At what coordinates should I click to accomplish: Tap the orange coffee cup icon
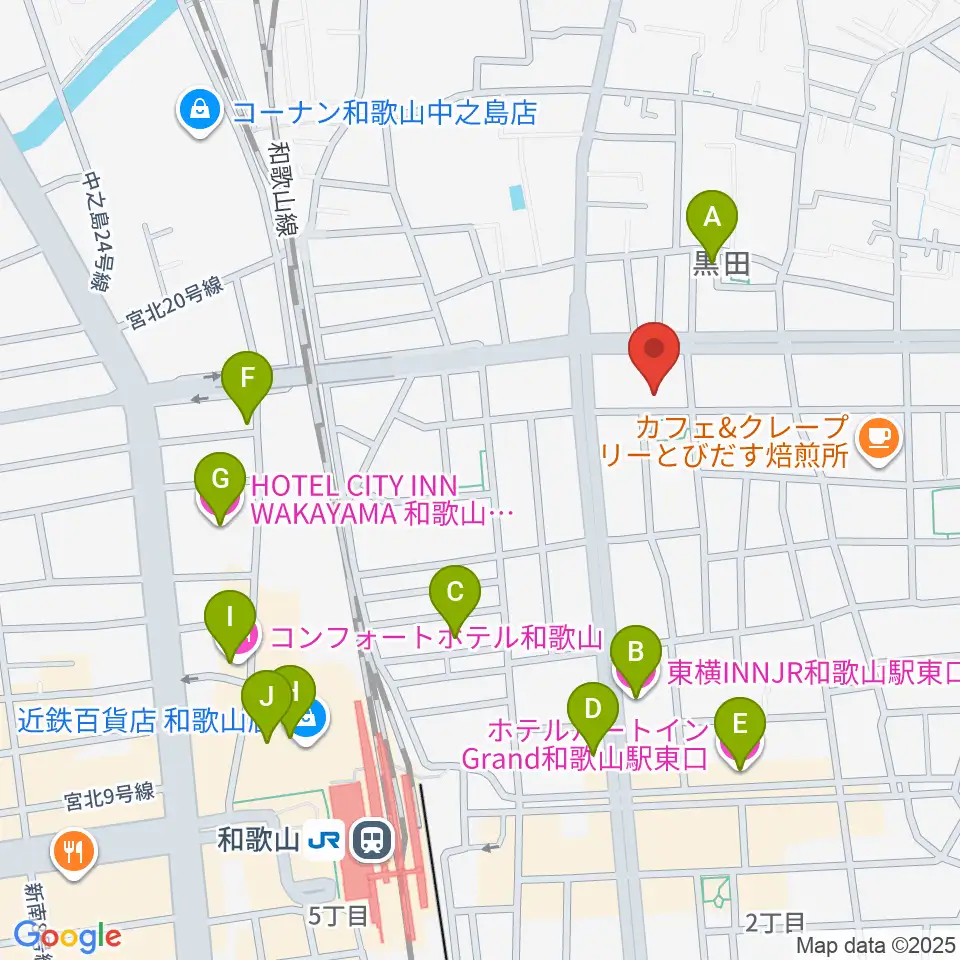pyautogui.click(x=879, y=436)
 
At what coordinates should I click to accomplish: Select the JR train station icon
pyautogui.click(x=372, y=841)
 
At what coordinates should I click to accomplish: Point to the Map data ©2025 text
pyautogui.click(x=876, y=945)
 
